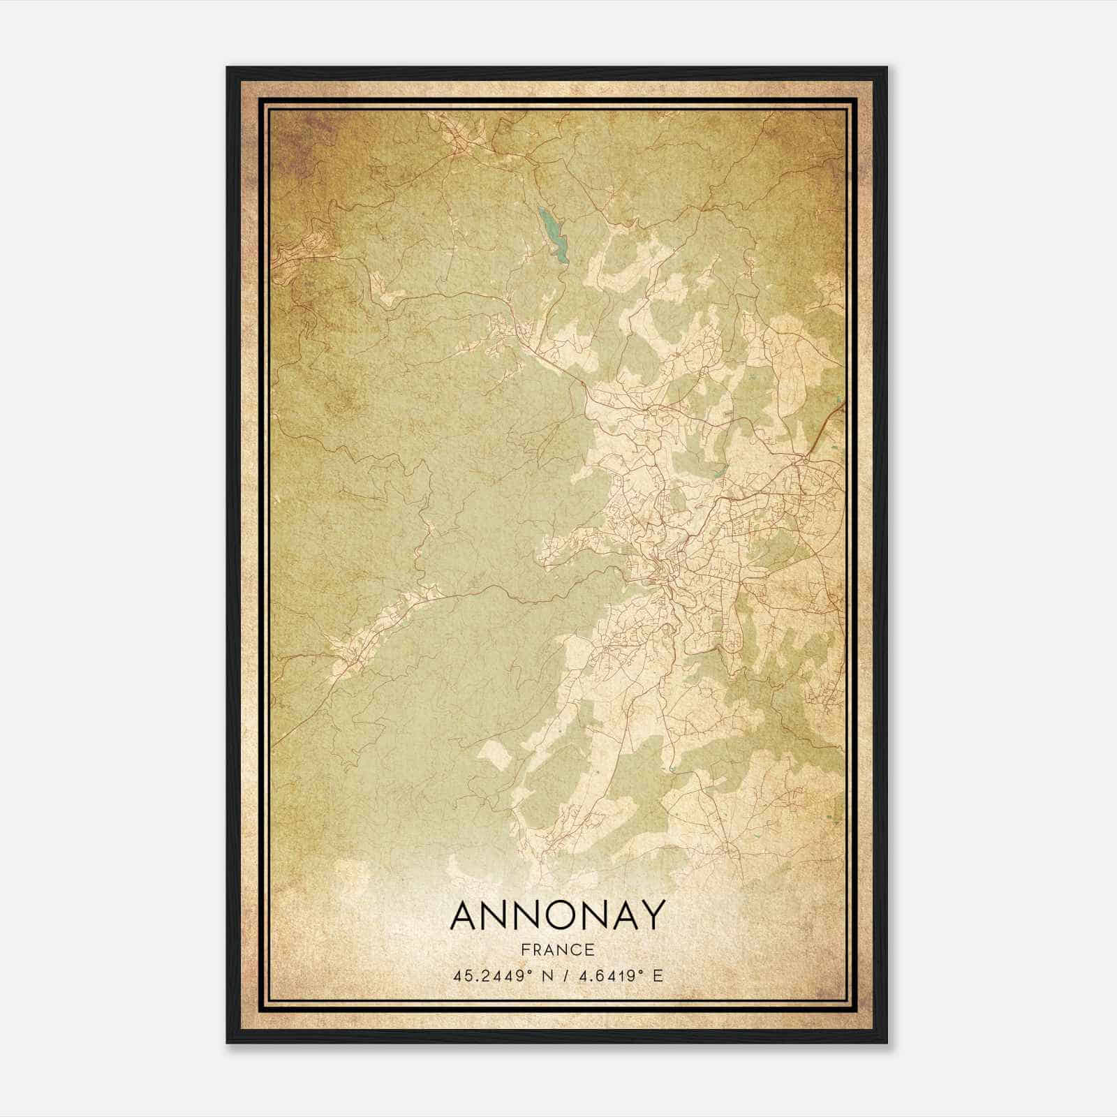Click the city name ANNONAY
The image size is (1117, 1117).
(558, 915)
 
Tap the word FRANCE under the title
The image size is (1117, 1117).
(558, 949)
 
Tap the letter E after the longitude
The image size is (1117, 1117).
(657, 976)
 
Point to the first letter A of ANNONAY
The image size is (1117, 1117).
(466, 915)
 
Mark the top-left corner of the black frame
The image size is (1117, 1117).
(228, 68)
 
